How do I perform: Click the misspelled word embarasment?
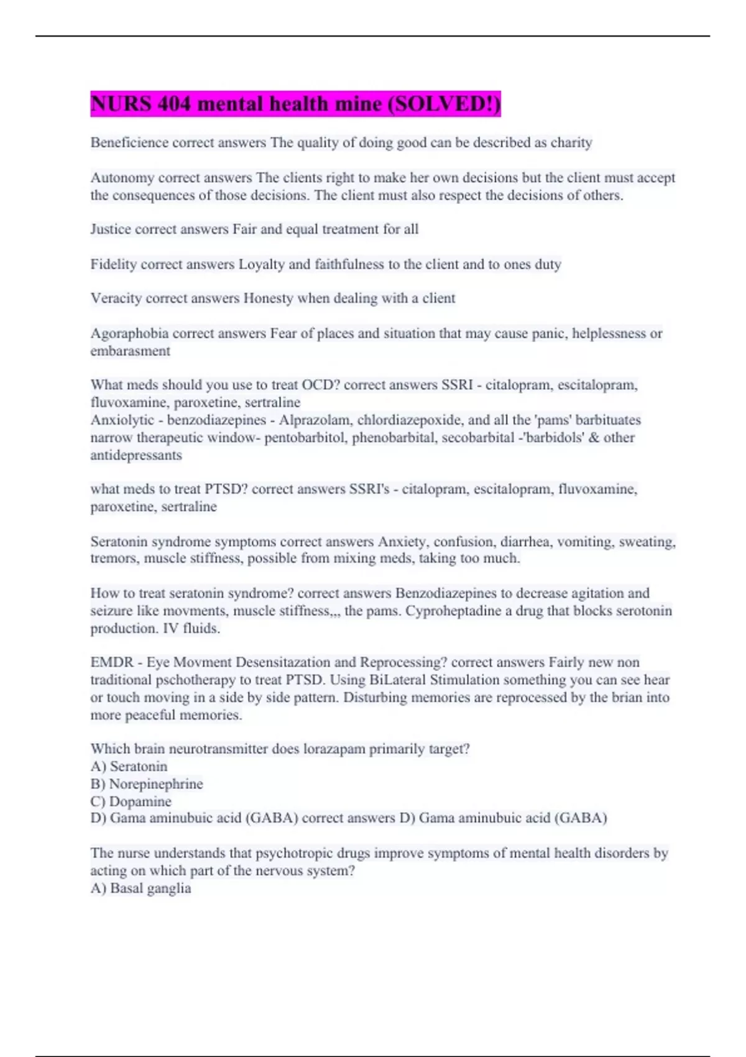click(130, 351)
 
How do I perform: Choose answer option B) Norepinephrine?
click(147, 784)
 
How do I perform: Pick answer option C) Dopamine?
click(131, 801)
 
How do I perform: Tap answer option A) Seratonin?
click(129, 767)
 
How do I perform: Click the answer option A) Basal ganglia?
click(140, 889)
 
